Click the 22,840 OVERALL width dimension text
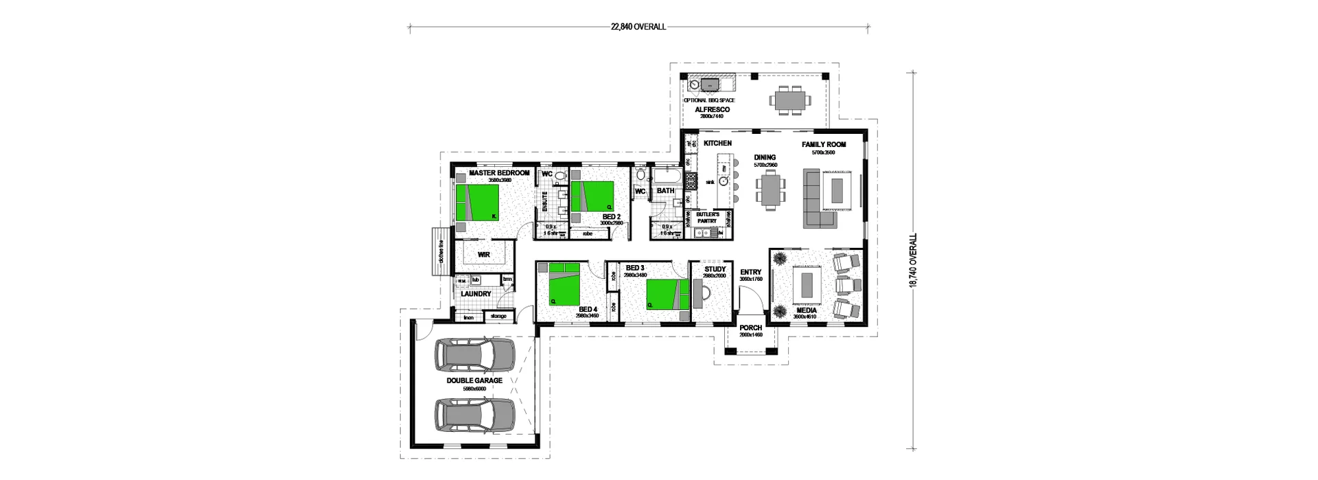point(638,27)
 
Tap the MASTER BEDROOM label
point(498,173)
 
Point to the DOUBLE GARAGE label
point(474,380)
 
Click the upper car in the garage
point(474,354)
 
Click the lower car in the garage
point(474,415)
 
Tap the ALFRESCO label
point(712,110)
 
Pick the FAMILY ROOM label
point(823,145)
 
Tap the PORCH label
point(751,328)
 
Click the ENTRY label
point(750,272)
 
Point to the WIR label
point(484,254)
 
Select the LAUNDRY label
point(476,294)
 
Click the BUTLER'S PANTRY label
point(706,218)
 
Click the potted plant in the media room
point(781,259)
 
